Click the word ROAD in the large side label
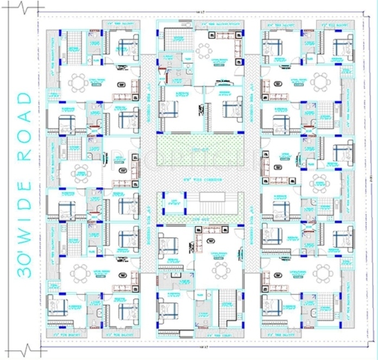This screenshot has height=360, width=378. tap(25, 127)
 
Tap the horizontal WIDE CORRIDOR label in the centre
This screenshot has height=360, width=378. tap(198, 179)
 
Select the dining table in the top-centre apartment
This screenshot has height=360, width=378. tap(205, 51)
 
